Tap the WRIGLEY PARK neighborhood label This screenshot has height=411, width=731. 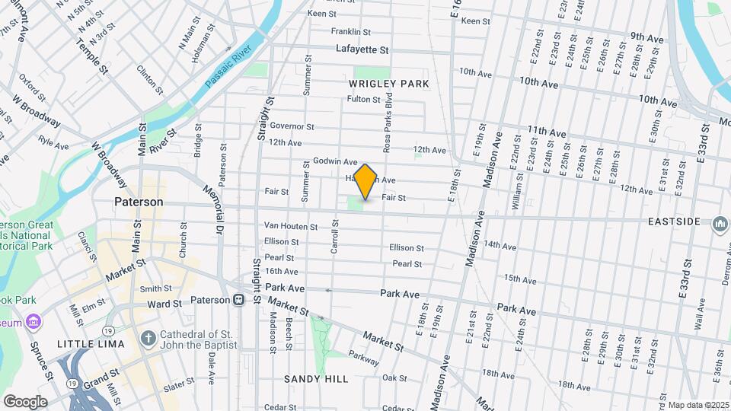[389, 83]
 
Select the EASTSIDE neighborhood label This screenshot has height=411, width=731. [674, 221]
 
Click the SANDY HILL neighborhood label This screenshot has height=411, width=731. [316, 379]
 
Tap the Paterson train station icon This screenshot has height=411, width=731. [239, 300]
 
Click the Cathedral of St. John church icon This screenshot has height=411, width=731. [148, 337]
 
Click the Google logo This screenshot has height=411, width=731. [25, 402]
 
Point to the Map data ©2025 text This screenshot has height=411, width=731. [697, 405]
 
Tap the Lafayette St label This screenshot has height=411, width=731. [362, 49]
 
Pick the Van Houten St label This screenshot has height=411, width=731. [290, 227]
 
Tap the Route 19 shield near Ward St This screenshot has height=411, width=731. [109, 330]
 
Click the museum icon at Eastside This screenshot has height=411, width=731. [720, 224]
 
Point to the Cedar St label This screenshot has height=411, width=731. [280, 407]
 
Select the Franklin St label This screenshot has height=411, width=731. [350, 32]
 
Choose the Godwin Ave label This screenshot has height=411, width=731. [335, 162]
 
